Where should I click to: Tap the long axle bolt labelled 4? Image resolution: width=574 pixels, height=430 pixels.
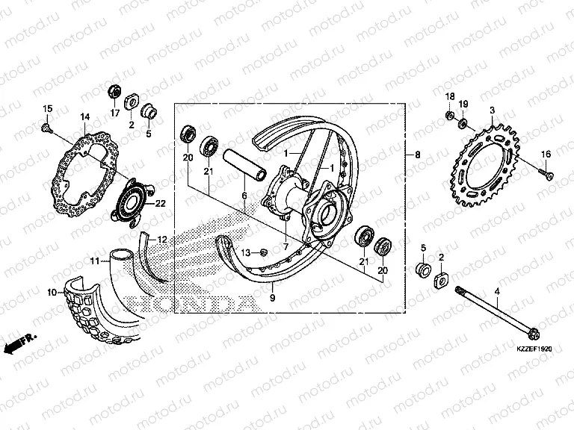point(496,314)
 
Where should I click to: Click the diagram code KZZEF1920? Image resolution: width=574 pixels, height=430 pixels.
point(533,349)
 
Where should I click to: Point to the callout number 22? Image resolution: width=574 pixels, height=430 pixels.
point(160,203)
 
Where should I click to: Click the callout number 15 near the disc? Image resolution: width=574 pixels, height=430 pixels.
point(46,109)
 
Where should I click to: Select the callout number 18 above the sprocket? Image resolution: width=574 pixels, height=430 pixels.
point(450,97)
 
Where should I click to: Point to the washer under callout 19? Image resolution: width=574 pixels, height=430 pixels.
point(463,122)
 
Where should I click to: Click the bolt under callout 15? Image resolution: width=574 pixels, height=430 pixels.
point(46,129)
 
